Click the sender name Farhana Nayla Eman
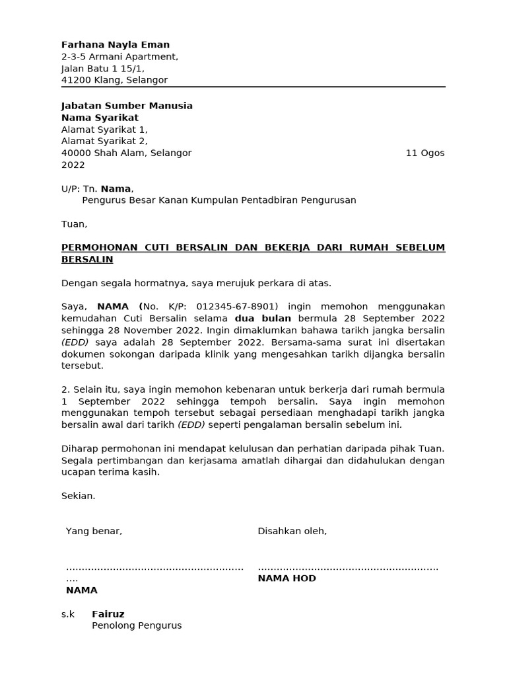click(115, 45)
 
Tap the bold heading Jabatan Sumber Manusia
click(127, 106)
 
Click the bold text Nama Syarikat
click(100, 118)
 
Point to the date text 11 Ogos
click(424, 153)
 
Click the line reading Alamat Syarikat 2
click(104, 141)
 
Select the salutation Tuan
click(74, 224)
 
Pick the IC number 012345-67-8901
click(237, 306)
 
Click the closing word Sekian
click(78, 496)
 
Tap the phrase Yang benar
click(94, 531)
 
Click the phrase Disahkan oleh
click(292, 531)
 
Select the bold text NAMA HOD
click(287, 578)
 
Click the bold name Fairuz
click(108, 614)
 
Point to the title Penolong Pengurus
click(136, 625)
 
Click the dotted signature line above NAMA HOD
click(348, 568)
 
